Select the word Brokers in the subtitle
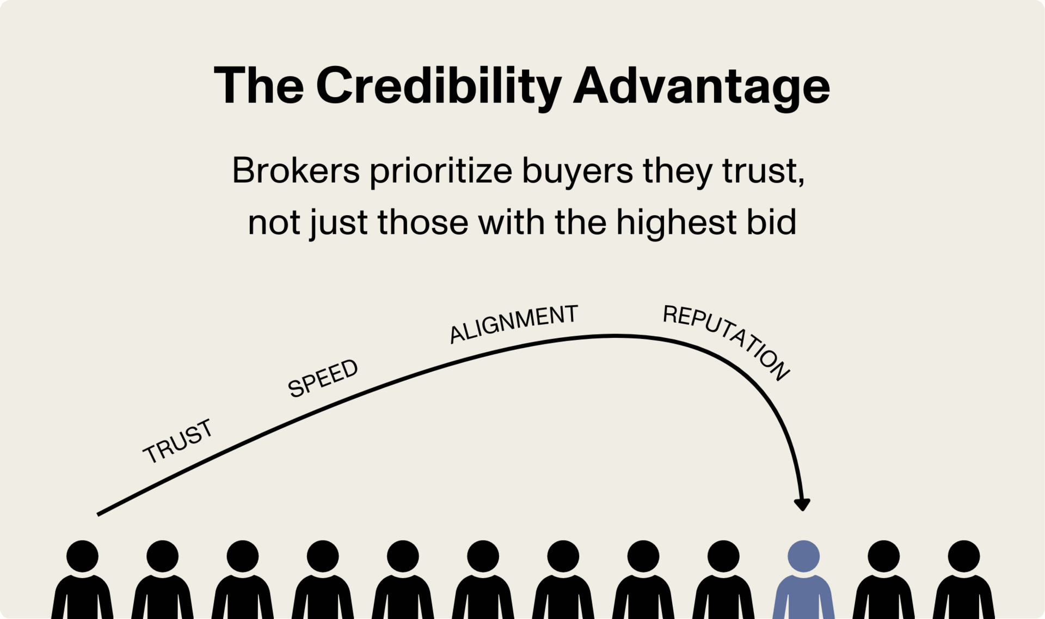296,171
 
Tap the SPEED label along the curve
323,378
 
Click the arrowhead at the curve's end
802,503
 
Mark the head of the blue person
804,556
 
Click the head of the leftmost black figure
82,556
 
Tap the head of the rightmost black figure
964,556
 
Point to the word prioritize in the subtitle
441,171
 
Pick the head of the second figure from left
162,556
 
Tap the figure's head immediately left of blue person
723,556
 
